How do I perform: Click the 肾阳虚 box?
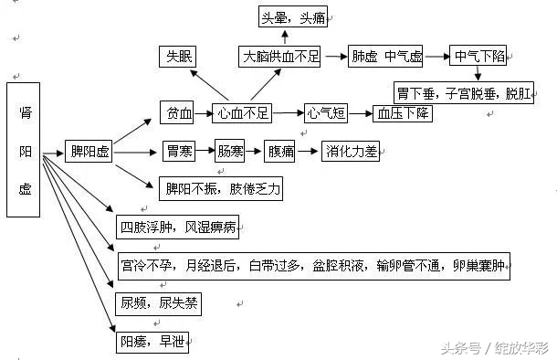25,150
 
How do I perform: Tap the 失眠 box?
179,58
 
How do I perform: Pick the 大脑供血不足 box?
280,57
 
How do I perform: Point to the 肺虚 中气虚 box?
386,57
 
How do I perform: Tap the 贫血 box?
178,114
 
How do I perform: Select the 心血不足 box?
244,114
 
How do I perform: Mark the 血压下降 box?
403,114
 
